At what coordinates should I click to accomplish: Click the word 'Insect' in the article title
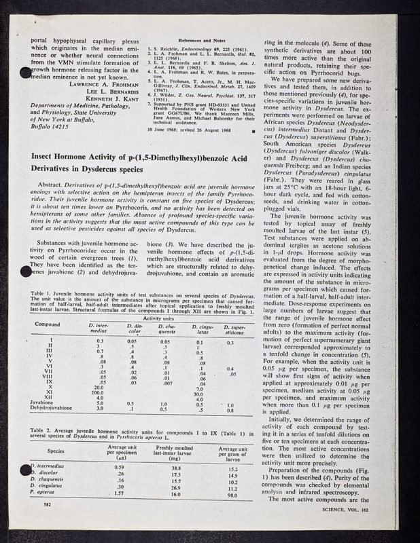pos(48,155)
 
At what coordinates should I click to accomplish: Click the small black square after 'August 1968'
pos(253,130)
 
